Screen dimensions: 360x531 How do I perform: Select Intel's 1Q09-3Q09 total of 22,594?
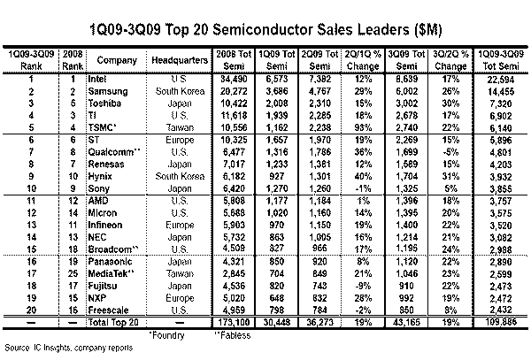pos(498,80)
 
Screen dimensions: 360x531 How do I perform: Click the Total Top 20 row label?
pos(107,323)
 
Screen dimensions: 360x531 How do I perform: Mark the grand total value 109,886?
pos(498,323)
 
